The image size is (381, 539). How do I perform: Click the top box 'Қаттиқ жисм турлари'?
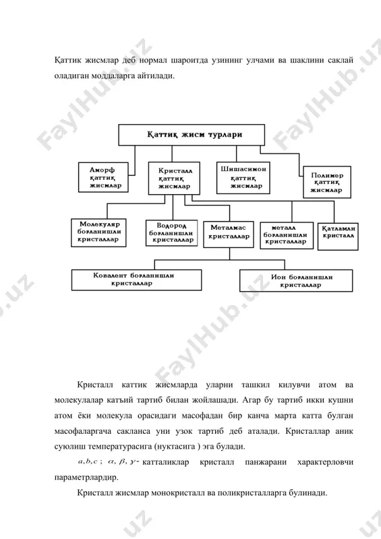point(192,135)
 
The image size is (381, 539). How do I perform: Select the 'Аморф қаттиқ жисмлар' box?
point(103,177)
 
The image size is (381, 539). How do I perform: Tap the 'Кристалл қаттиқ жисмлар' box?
point(174,179)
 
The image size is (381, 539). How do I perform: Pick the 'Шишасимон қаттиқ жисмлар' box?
point(243,178)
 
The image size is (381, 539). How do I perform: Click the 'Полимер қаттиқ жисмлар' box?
point(327,182)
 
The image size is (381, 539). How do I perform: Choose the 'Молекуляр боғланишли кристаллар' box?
point(98,232)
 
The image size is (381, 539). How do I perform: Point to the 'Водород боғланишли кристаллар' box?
point(172,233)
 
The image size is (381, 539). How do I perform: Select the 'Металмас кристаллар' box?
point(229,234)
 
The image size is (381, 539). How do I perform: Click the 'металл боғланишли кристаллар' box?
point(287,235)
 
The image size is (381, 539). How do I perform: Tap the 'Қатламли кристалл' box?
point(338,236)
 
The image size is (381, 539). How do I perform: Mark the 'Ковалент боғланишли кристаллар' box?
point(136,280)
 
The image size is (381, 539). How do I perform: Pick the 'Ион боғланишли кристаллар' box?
point(296,281)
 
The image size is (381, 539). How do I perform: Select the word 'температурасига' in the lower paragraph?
point(120,447)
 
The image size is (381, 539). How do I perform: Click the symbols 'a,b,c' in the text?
point(88,462)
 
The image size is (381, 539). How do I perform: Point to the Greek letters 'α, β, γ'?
point(122,462)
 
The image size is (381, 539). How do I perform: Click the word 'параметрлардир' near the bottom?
point(86,478)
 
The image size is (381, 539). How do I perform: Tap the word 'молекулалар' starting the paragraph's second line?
point(78,400)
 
